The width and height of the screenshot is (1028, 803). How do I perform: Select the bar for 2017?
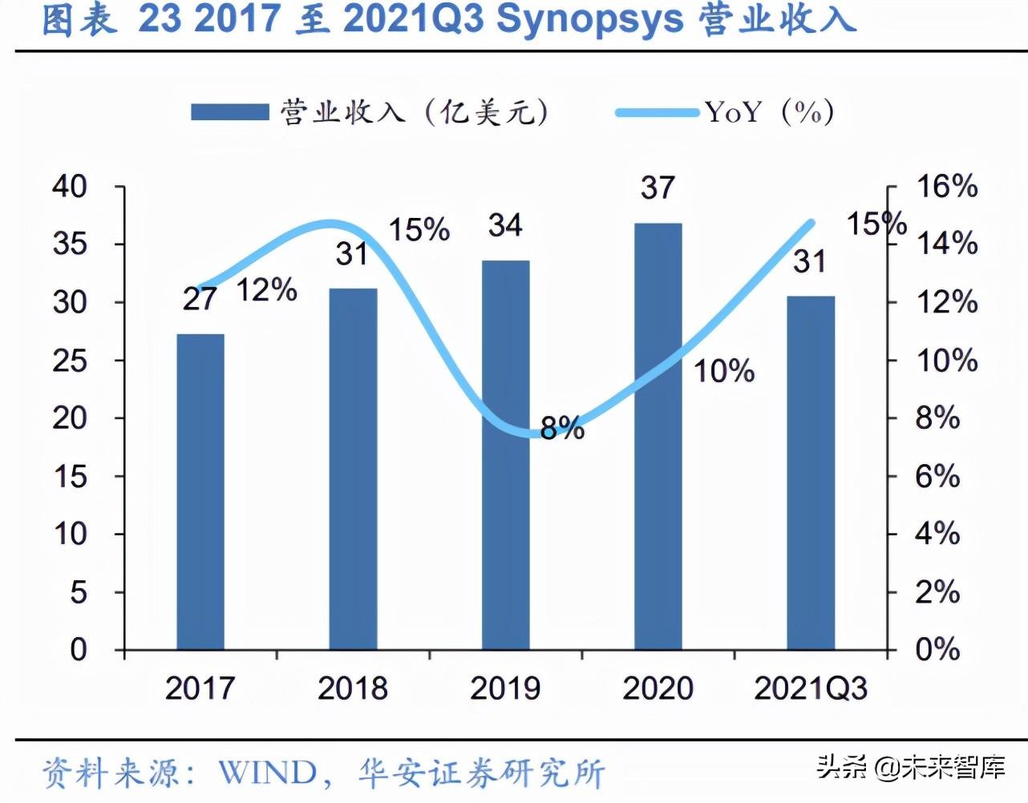pyautogui.click(x=200, y=491)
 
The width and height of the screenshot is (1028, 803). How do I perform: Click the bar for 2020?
pyautogui.click(x=658, y=436)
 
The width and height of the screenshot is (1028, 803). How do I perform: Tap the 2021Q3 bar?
pyautogui.click(x=810, y=472)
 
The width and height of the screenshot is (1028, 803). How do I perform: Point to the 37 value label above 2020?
pyautogui.click(x=658, y=188)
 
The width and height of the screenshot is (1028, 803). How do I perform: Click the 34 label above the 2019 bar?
pyautogui.click(x=505, y=225)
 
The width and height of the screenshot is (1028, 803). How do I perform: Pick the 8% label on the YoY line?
pyautogui.click(x=562, y=429)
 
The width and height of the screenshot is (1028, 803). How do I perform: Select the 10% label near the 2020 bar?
pyautogui.click(x=724, y=371)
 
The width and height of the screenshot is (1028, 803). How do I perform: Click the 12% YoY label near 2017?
pyautogui.click(x=266, y=290)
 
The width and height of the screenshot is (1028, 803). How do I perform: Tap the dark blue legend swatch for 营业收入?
pyautogui.click(x=229, y=111)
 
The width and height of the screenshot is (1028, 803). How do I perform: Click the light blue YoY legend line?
pyautogui.click(x=657, y=112)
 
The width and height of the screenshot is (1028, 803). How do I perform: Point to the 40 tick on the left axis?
pyautogui.click(x=70, y=186)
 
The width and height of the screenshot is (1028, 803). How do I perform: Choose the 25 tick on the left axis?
pyautogui.click(x=70, y=360)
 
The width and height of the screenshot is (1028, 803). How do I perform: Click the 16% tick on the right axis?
pyautogui.click(x=947, y=186)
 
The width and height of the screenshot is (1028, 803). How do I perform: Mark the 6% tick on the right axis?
pyautogui.click(x=937, y=476)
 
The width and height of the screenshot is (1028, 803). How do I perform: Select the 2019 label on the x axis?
pyautogui.click(x=505, y=688)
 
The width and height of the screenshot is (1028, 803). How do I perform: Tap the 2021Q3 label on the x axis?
pyautogui.click(x=811, y=688)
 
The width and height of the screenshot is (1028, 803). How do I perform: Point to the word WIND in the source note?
pyautogui.click(x=268, y=773)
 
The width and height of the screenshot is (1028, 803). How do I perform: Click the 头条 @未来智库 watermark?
pyautogui.click(x=911, y=767)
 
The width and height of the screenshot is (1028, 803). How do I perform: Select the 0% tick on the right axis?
pyautogui.click(x=937, y=649)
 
